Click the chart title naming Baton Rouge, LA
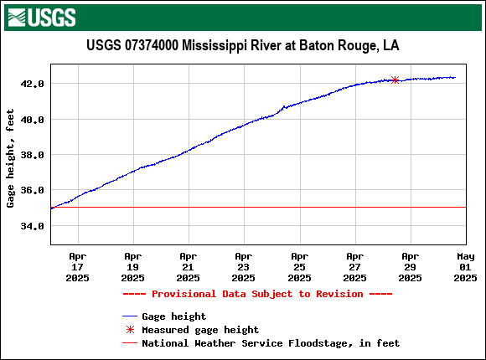coord(242,45)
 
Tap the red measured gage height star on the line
coord(395,80)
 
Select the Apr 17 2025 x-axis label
coord(77,266)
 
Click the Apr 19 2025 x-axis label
coord(132,266)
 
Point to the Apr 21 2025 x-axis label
coord(188,266)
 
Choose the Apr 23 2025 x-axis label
coord(243,266)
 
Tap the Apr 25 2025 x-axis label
coord(299,266)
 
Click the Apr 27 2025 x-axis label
coord(354,266)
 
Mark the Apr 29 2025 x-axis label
coord(410,266)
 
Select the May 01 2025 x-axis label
coord(465,266)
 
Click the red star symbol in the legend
coord(129,330)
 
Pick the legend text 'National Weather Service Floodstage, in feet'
coord(271,343)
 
